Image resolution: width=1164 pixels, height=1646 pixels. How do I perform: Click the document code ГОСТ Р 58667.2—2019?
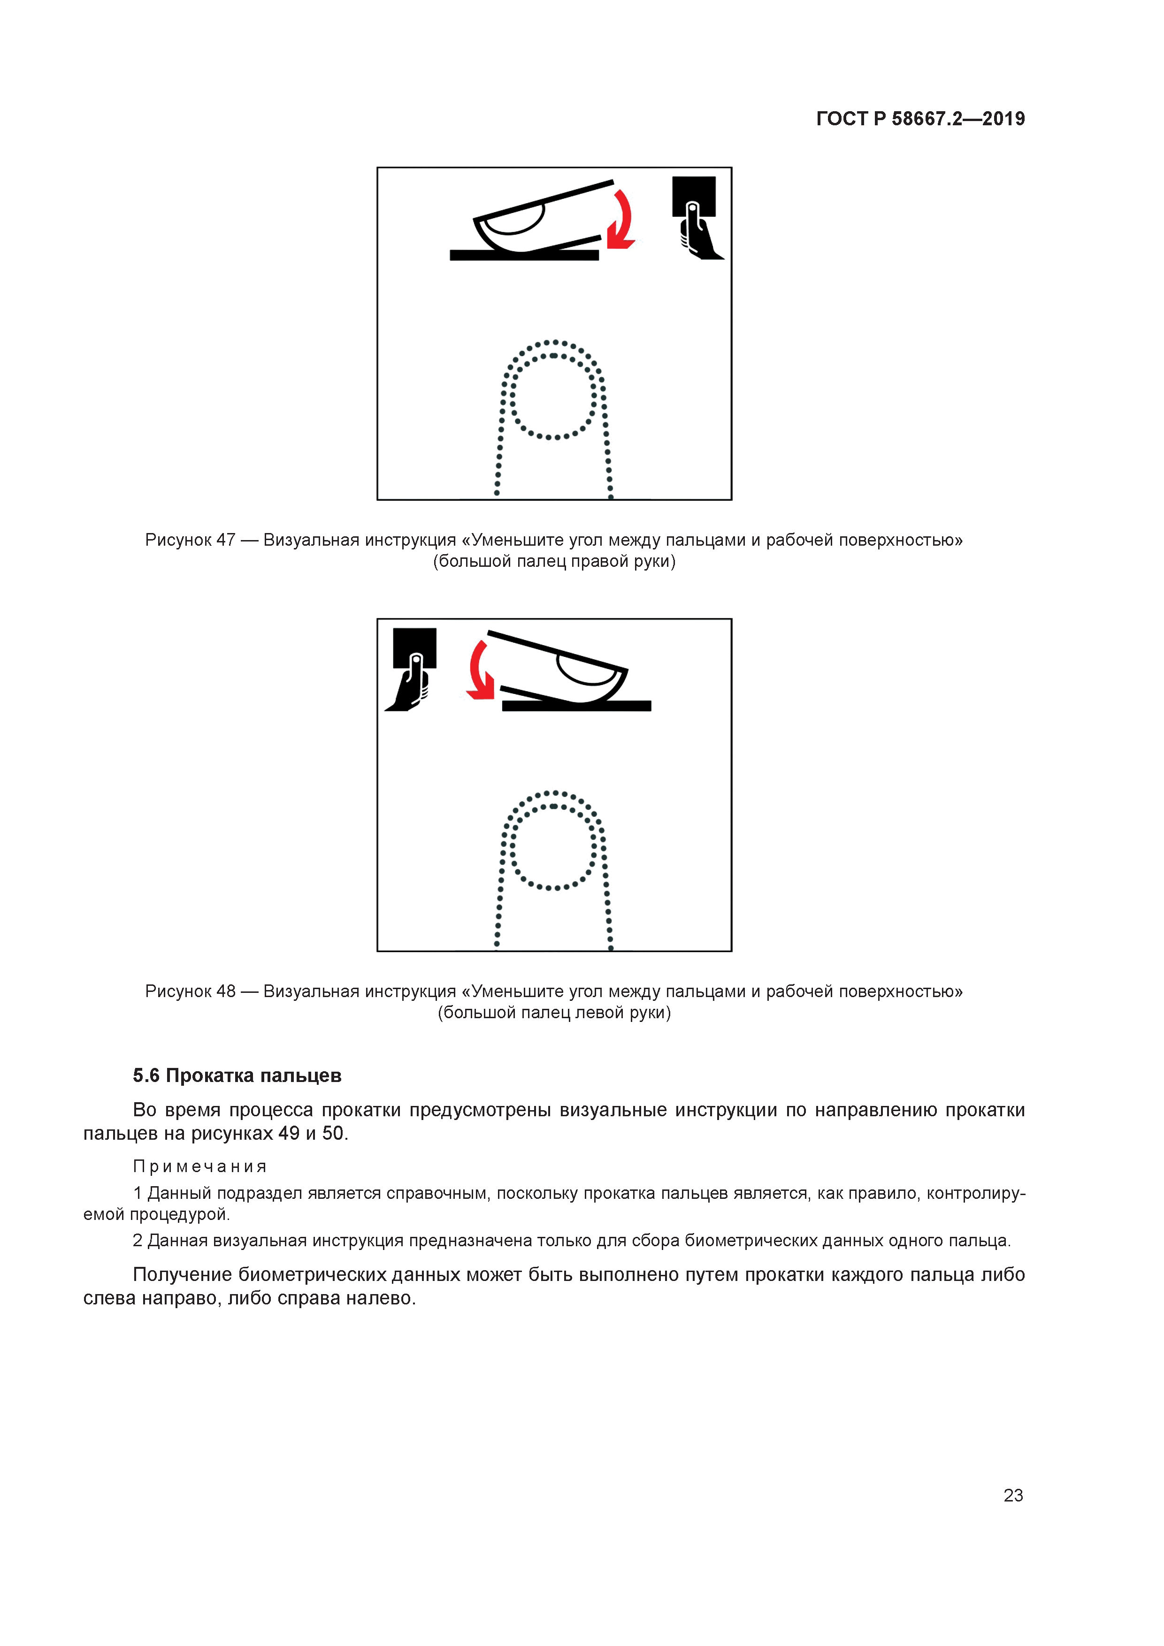pos(920,119)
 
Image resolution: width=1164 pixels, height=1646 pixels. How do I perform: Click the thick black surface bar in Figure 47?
pos(523,255)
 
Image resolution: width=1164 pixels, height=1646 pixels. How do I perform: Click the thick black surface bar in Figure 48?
pos(577,706)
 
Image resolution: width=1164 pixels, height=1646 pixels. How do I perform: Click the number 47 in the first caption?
pos(226,540)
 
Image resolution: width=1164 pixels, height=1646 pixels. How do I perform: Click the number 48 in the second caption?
pos(226,991)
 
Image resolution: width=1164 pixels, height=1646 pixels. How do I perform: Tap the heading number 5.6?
pos(146,1075)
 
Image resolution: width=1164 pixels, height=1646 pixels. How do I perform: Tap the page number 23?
pos(1013,1495)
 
